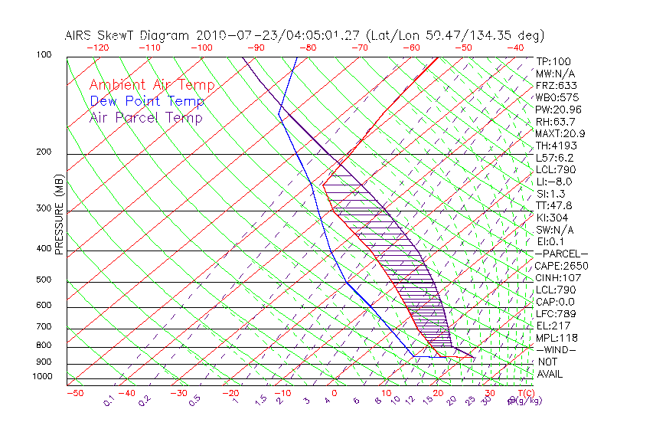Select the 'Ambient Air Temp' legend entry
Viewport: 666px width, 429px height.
point(152,85)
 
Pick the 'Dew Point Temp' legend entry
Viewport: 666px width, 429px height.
point(146,101)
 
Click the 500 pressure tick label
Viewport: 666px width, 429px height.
point(44,280)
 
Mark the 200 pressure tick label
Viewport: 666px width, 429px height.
point(44,152)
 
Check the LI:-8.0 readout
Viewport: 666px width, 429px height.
point(554,182)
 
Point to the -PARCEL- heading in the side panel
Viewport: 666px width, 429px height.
point(561,254)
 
